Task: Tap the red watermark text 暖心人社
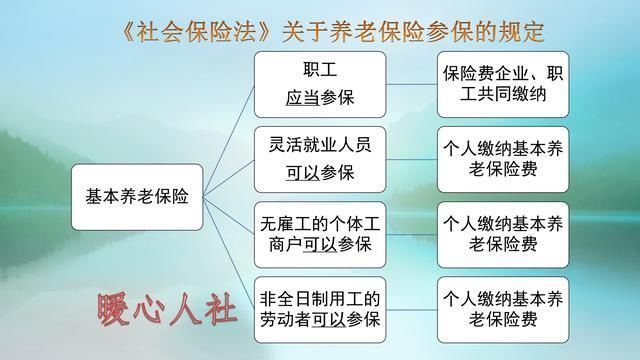[x=166, y=311]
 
